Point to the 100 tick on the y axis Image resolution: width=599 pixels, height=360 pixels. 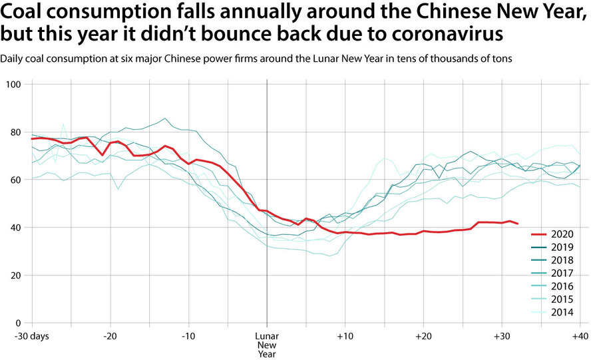[x=15, y=85]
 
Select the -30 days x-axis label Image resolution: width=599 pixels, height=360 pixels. [x=31, y=336]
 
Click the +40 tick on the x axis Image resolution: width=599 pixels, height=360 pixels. [x=580, y=336]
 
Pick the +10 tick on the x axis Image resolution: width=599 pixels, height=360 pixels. [x=345, y=336]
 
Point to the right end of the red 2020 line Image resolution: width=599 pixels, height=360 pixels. [x=518, y=224]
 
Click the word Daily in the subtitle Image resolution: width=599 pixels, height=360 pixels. [x=12, y=59]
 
